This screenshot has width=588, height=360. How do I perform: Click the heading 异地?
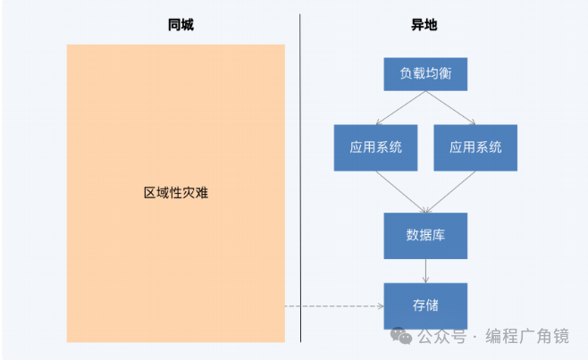[424, 26]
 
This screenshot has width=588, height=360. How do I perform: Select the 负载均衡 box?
[425, 74]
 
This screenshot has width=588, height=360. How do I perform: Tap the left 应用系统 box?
[375, 147]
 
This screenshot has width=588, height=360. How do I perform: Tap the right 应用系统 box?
[475, 147]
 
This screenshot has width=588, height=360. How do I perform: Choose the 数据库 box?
[425, 236]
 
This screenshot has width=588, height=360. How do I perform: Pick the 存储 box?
[425, 306]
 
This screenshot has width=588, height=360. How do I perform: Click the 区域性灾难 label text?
[175, 193]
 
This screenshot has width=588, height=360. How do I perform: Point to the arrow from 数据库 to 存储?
[425, 271]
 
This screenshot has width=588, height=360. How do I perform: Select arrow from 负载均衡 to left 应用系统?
[399, 107]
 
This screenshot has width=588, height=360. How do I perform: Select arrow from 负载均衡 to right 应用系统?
[450, 107]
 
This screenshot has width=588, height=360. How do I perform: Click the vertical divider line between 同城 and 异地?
[300, 179]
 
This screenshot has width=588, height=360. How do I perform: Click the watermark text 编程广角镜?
[527, 337]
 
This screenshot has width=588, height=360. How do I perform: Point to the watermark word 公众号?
[441, 337]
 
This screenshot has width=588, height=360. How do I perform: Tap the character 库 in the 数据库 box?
[440, 236]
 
